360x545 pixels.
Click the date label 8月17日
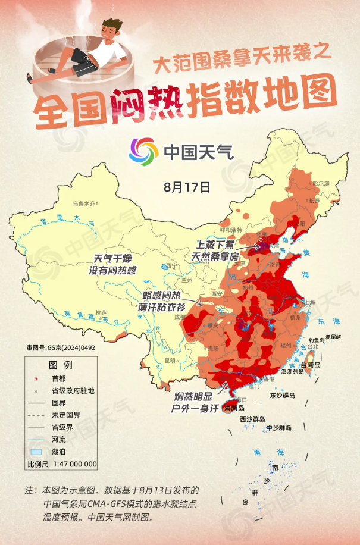click(187, 187)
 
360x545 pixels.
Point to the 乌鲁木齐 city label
click(83, 203)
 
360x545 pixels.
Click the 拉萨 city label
click(101, 312)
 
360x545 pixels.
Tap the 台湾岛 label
click(309, 364)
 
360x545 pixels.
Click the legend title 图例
click(60, 364)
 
